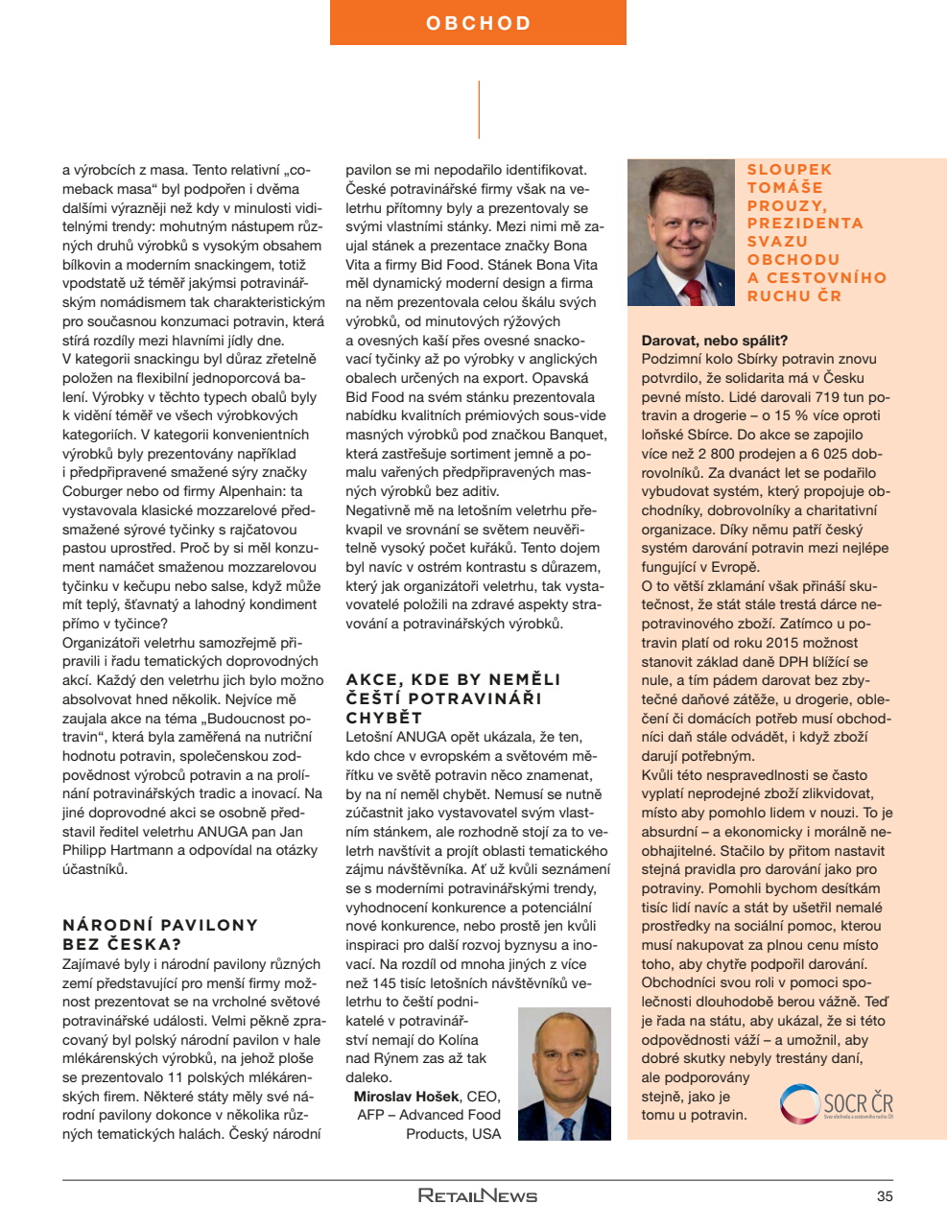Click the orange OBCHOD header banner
[x=478, y=23]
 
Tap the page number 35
[x=884, y=1195]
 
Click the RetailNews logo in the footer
[x=477, y=1195]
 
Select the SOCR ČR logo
[x=836, y=1103]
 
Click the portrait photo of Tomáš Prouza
[x=680, y=233]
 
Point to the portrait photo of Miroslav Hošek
[x=564, y=1074]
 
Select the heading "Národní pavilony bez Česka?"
[x=160, y=934]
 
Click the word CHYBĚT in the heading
[x=384, y=718]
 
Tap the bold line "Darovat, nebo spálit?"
[x=714, y=341]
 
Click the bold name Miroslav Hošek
[x=407, y=1097]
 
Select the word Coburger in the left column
[x=94, y=491]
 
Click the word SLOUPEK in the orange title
[x=790, y=170]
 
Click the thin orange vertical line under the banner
[x=479, y=109]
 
